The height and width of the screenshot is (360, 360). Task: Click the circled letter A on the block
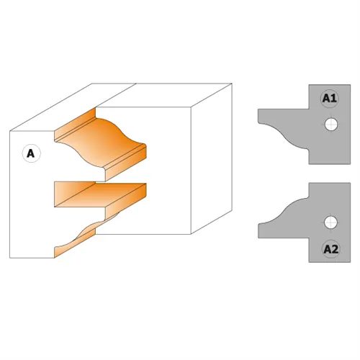[x=31, y=153]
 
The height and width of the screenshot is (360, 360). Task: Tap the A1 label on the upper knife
[x=330, y=98]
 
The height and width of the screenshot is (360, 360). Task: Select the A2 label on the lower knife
[x=331, y=249]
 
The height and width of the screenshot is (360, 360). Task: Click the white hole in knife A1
[x=331, y=125]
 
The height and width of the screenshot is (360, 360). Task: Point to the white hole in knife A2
[x=330, y=222]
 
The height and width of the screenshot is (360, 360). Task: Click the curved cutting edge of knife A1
[x=284, y=136]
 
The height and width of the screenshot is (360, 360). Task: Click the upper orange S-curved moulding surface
[x=101, y=142]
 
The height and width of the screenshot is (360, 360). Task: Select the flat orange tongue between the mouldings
[x=101, y=194]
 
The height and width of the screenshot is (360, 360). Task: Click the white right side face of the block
[x=211, y=158]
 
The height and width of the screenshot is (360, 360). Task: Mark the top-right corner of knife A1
[x=351, y=85]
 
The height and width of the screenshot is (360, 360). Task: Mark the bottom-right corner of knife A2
[x=351, y=262]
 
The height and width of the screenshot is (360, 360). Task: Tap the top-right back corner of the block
[x=232, y=84]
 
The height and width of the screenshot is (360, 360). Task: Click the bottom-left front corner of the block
[x=10, y=258]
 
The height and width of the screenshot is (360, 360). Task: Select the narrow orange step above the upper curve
[x=75, y=125]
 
